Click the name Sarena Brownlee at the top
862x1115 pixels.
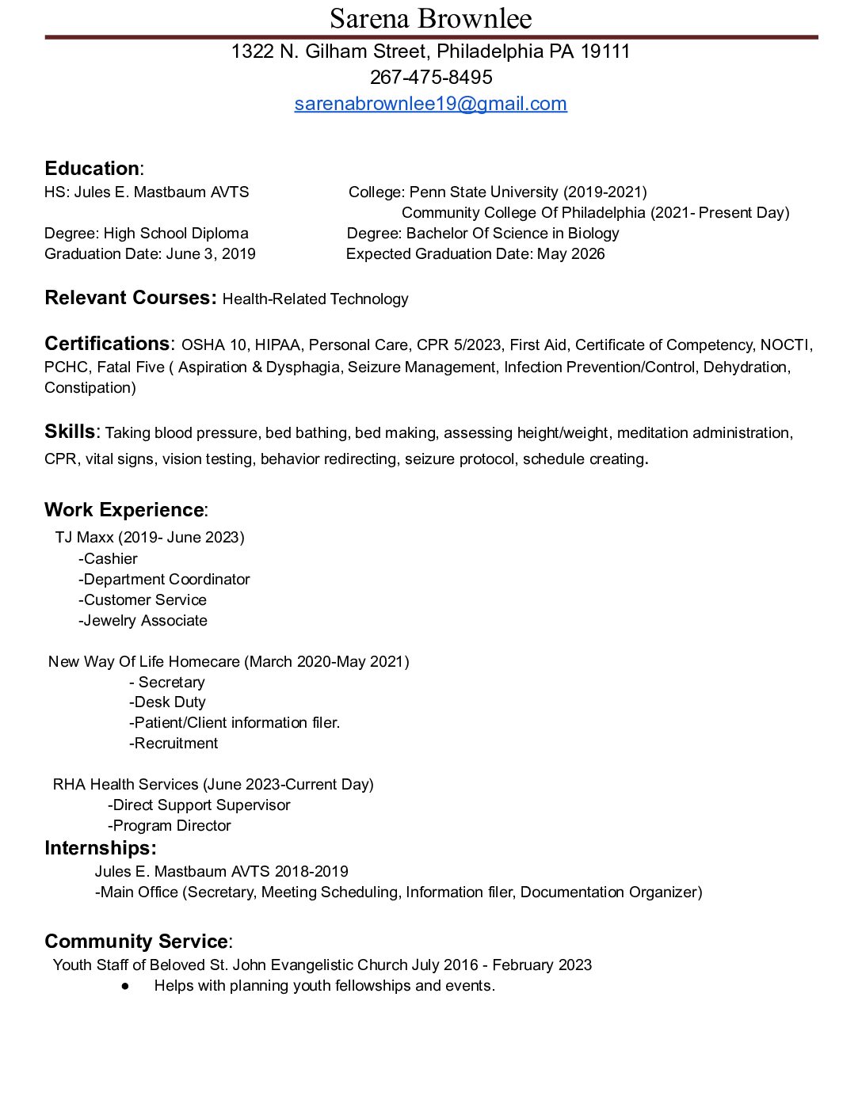(x=430, y=18)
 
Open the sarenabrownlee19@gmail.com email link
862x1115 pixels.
(x=430, y=104)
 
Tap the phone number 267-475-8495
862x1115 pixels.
(x=430, y=78)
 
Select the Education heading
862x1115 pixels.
(x=92, y=169)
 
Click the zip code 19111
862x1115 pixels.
(x=605, y=52)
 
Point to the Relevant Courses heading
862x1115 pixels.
(x=130, y=298)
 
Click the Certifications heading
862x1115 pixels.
(x=107, y=344)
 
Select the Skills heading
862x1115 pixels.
(x=70, y=432)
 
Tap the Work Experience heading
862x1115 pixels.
(x=124, y=510)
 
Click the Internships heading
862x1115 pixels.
(x=100, y=848)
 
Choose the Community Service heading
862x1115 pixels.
(x=136, y=942)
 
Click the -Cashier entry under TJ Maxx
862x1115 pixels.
(x=108, y=559)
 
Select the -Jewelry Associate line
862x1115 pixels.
(x=143, y=621)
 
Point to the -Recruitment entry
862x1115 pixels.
(x=174, y=744)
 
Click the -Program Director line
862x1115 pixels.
(x=170, y=826)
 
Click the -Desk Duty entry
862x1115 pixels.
(x=167, y=702)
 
